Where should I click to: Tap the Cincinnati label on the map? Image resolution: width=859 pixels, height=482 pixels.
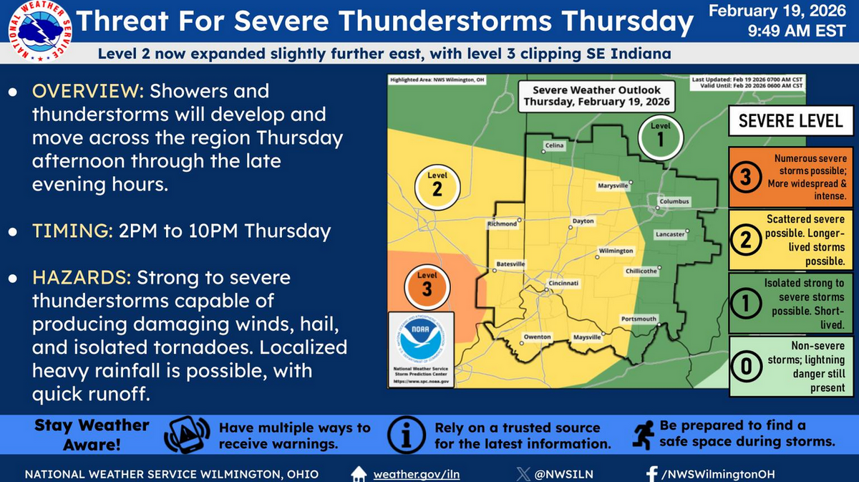coord(563,284)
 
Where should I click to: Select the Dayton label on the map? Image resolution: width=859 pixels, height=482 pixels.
coord(583,221)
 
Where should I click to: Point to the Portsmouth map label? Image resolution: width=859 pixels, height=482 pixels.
coord(639,319)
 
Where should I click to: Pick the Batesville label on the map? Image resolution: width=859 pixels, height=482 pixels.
coord(511,264)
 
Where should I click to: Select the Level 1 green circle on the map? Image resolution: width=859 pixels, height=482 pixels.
coord(659,136)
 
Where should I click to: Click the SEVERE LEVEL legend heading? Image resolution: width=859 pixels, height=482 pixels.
coord(790,120)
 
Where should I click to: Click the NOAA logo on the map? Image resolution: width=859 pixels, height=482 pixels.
coord(420,340)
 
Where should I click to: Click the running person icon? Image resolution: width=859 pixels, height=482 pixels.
coord(642,434)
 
